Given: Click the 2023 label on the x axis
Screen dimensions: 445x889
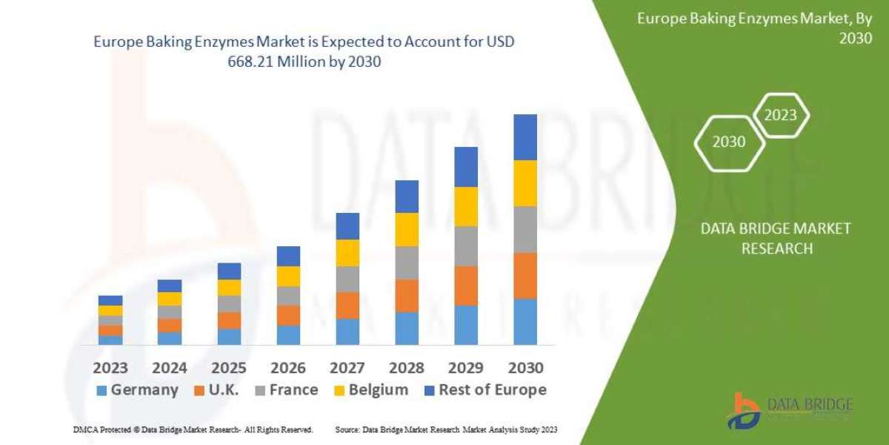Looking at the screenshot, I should click(x=110, y=368).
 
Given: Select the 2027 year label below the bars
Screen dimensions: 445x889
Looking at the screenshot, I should click(x=347, y=368).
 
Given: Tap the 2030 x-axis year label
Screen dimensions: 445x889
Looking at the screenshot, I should click(x=525, y=368).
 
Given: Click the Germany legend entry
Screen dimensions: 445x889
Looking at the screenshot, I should click(x=138, y=390).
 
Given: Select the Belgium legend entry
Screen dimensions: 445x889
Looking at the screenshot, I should click(x=370, y=390).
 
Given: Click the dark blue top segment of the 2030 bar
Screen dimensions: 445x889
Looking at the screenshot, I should click(x=525, y=137).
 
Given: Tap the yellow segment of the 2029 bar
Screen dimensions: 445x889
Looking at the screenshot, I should click(x=466, y=206).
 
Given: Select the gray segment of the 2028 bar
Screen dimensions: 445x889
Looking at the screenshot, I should click(x=407, y=263).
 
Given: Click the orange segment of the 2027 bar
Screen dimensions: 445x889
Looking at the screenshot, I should click(x=347, y=305).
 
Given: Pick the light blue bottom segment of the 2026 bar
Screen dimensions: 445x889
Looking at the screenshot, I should click(x=288, y=334).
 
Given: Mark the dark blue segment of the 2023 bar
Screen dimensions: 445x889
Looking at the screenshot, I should click(x=110, y=300).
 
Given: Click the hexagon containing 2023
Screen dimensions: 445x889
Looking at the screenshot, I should click(x=780, y=115).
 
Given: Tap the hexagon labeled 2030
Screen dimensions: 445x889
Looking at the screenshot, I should click(x=729, y=142).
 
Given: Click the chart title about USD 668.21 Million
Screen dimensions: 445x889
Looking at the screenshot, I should click(x=304, y=52).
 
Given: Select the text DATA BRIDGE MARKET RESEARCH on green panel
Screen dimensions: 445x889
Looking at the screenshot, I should click(x=776, y=238).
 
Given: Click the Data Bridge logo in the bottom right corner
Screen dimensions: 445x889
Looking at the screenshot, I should click(x=789, y=410).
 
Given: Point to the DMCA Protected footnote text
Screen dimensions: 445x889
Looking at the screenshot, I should click(x=193, y=429).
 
